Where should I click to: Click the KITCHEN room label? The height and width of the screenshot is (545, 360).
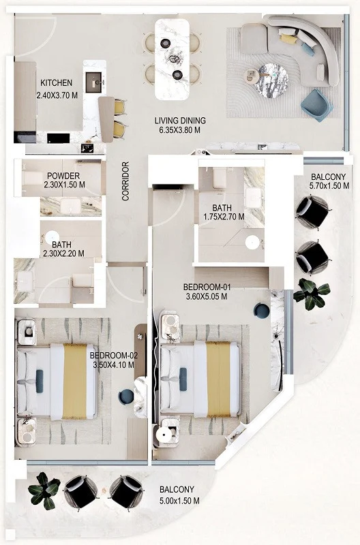coord(57,83)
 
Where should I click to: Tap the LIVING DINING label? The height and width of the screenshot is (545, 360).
coord(180,121)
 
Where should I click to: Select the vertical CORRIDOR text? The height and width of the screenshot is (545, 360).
coord(125,181)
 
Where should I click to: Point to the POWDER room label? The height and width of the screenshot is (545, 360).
coord(63,176)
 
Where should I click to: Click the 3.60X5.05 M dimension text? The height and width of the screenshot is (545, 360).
coord(207,296)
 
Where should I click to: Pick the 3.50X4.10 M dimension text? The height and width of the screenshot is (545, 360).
coord(113,365)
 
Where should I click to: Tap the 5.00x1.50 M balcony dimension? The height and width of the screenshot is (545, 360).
coord(179,501)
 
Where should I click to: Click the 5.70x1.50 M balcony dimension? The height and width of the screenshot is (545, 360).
coord(329,185)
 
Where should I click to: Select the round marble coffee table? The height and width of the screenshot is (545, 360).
coord(271,80)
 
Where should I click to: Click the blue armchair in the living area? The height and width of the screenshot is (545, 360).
coord(316,106)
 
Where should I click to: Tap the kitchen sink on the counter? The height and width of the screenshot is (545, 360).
coord(93,82)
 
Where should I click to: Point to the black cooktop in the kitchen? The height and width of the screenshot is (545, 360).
coord(58,138)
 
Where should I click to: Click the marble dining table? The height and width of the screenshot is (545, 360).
coord(172,59)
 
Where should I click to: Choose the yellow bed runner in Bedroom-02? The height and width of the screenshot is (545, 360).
coord(74,381)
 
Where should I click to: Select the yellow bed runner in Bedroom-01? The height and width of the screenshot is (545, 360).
coord(218,379)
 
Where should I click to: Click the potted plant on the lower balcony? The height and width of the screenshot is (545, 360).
coord(44,490)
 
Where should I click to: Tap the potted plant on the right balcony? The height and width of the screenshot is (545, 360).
coord(312,294)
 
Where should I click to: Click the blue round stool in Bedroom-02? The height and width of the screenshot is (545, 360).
coord(126,396)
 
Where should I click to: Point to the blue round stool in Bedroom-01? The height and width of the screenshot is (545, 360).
coord(262,311)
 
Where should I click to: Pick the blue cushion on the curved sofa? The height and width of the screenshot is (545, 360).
coord(307,49)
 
